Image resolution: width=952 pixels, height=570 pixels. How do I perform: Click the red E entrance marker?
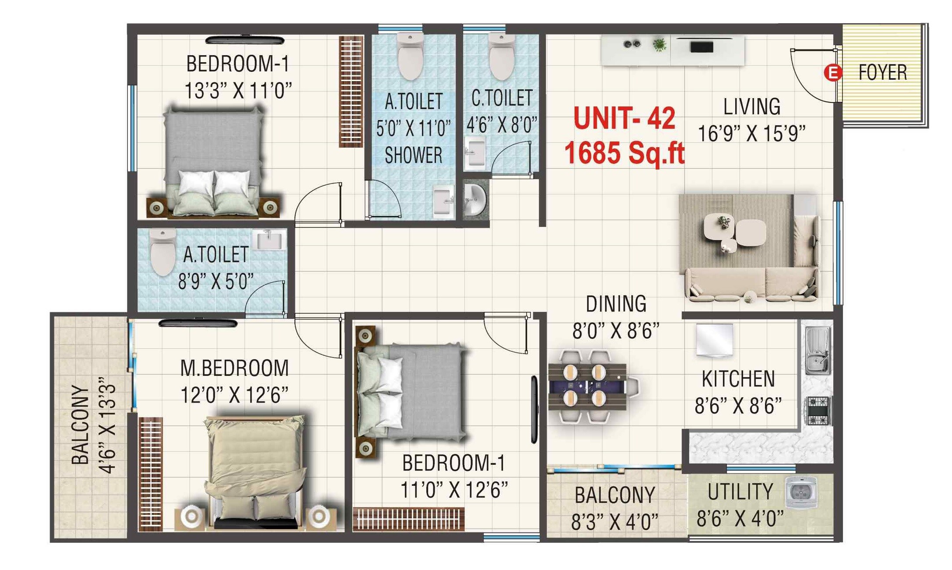coord(832,73)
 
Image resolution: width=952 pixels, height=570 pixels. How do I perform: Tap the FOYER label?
coord(882,73)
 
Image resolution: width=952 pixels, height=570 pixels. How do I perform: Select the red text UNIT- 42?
coord(624,118)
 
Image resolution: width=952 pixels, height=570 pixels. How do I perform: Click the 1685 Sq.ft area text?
coord(624,153)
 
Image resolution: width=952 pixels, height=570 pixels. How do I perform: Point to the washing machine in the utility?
coord(801,492)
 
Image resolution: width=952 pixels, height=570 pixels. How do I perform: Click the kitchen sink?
coord(817,350)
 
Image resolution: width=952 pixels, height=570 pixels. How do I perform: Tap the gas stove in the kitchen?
coord(818,411)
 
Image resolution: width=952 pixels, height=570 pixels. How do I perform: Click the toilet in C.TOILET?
coord(501,57)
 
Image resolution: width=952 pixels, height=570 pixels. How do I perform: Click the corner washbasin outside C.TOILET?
coord(474,199)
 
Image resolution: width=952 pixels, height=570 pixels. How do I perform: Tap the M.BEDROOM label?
coord(234,368)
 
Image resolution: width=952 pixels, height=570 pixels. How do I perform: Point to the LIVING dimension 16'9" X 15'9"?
coord(751,134)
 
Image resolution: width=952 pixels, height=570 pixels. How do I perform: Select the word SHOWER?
coord(413,156)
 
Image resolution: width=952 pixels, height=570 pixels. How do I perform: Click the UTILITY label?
coord(740,492)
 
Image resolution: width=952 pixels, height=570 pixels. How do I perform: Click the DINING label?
coord(616,304)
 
